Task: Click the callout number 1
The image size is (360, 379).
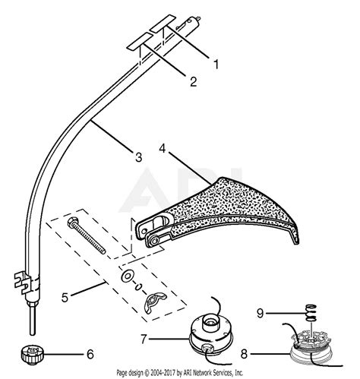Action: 216,64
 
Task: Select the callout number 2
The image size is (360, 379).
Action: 193,81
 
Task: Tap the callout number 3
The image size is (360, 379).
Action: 138,157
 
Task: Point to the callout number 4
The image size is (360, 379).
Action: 163,148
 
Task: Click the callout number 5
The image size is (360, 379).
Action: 65,297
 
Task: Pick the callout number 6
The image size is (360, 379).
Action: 90,354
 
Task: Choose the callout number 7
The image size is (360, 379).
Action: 144,340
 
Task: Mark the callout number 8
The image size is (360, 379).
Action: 244,354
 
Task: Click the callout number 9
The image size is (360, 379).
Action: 261,314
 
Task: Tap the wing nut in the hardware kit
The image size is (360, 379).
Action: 155,301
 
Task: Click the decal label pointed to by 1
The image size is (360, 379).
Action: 163,24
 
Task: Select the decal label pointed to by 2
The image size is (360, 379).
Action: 140,41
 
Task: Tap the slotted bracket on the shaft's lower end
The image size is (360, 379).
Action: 23,283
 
